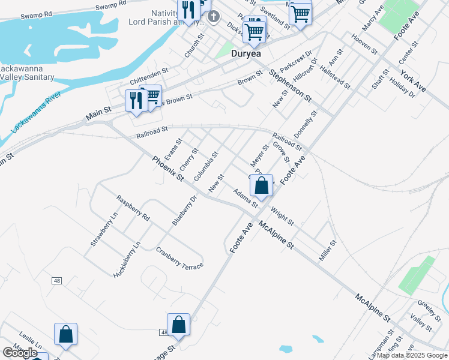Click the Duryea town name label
coord(247,53)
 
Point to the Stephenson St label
coord(291,85)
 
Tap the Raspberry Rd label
coord(133,209)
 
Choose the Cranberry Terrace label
coord(179,257)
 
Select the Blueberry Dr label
coord(184,210)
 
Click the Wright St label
coord(282,216)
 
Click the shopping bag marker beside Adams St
coord(262,186)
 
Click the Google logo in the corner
coord(20,353)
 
